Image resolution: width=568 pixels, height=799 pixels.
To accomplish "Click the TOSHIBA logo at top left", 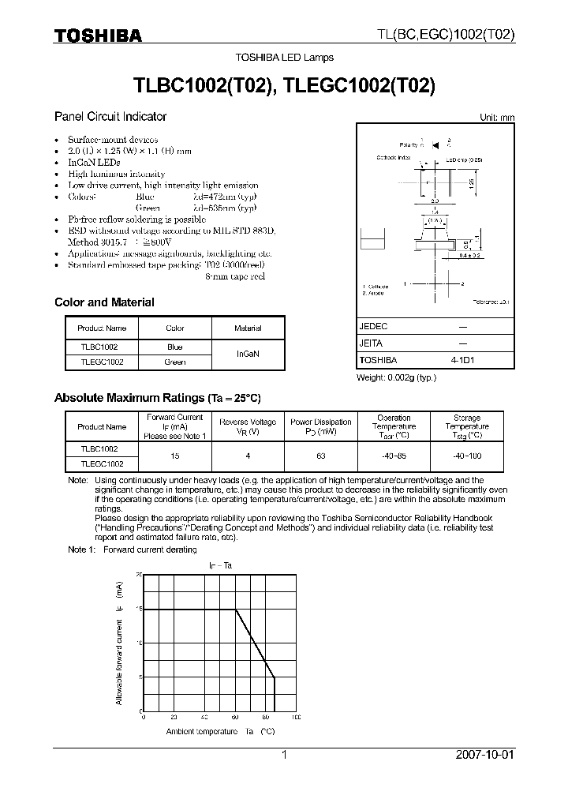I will coord(98,36).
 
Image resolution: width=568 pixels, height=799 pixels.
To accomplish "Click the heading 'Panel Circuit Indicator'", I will coord(110,116).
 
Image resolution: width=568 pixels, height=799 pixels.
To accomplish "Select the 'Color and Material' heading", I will coord(104,302).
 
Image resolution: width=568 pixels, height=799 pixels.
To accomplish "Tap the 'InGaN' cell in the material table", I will coord(248,354).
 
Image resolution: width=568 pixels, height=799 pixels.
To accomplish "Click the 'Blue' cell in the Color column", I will coord(175,347).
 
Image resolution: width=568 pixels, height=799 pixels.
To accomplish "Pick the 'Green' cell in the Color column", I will coord(175,362).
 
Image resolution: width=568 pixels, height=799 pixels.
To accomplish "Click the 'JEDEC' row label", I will coord(373,326).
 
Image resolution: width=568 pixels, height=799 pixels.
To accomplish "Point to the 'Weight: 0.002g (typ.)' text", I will coord(396,377).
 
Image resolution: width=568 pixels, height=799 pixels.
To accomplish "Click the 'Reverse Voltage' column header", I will coord(248,426).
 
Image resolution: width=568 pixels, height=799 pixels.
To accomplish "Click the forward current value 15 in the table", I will coord(175,456).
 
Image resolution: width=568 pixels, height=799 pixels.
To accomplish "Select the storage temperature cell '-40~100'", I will coord(467,456).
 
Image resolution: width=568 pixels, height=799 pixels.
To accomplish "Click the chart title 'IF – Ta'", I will coord(220,565).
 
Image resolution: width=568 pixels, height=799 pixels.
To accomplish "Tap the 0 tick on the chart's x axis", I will coord(143,718).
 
